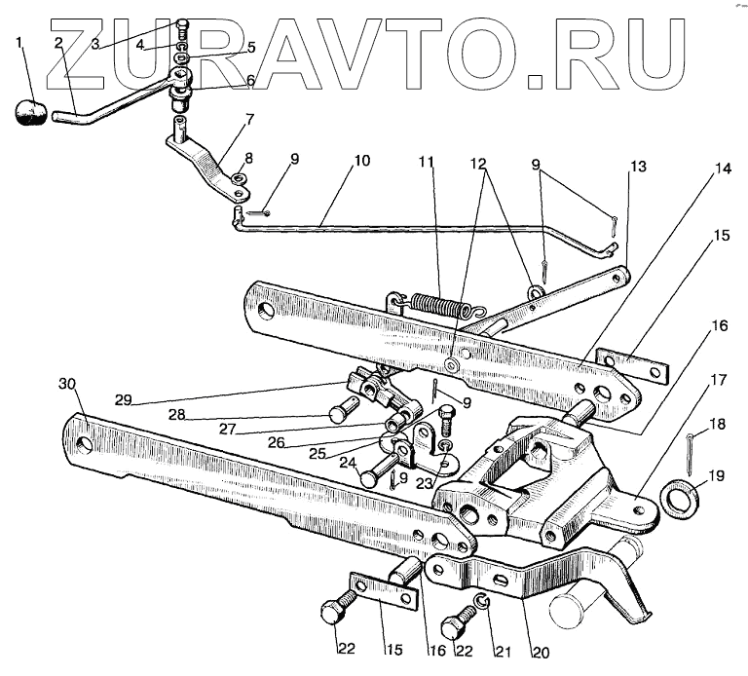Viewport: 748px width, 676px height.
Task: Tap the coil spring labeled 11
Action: pos(435,305)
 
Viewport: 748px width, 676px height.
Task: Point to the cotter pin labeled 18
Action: pos(690,449)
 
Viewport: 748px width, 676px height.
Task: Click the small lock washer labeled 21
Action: pos(481,599)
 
